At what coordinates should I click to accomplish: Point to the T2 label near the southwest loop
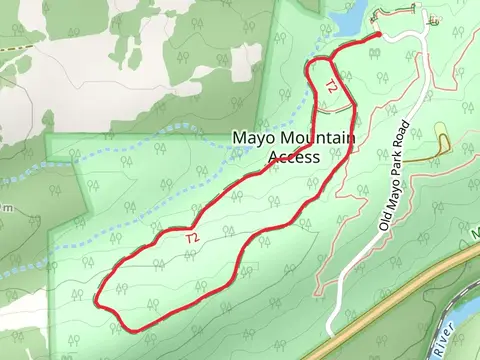pos(192,237)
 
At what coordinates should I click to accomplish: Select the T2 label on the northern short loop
pos(331,87)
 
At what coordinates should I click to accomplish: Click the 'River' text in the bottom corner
pos(445,338)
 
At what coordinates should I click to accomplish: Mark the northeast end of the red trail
pos(380,36)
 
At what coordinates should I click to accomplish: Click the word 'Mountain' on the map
pos(295,138)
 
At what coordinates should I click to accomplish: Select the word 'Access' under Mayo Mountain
pos(295,156)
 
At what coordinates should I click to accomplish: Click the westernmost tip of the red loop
pos(97,298)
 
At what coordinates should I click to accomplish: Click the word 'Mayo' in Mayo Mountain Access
pos(251,138)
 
